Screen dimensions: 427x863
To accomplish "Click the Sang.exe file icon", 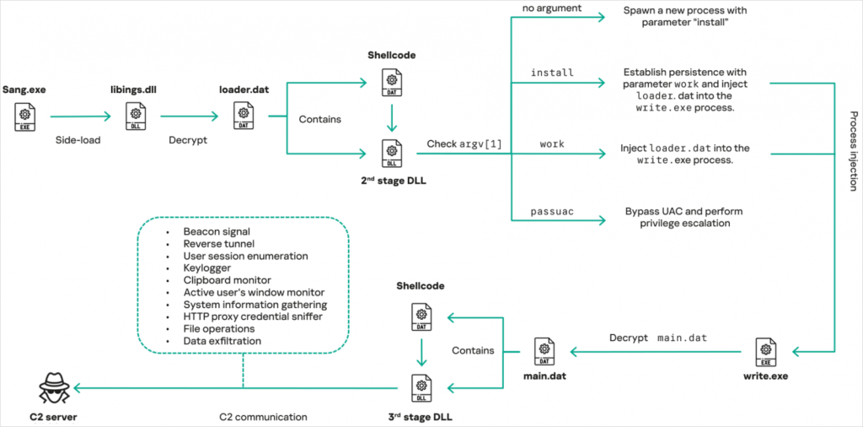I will [26, 116].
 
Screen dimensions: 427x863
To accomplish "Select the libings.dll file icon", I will [135, 116].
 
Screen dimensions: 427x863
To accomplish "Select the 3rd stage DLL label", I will [421, 416].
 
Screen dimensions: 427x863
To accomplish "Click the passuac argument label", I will [552, 211].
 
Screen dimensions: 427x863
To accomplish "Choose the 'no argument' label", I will [552, 8].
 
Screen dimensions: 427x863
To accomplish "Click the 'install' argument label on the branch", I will [552, 73].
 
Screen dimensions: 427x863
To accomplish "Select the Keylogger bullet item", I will [207, 268].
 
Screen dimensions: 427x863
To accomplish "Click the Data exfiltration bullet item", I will [222, 341].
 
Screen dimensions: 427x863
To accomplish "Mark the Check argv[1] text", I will [464, 144].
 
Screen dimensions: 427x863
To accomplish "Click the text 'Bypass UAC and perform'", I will [683, 211].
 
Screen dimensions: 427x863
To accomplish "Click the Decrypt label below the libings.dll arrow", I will [189, 141].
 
